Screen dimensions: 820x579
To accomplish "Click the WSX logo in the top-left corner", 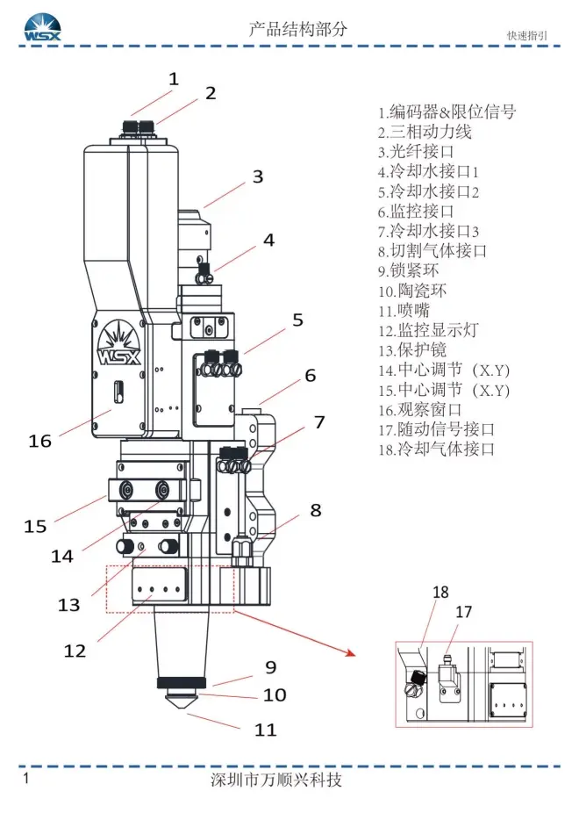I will pos(40,27).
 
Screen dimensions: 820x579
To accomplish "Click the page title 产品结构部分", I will pos(298,28).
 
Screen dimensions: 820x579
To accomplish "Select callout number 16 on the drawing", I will pos(40,441).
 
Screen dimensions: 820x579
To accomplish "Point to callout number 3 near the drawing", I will pos(257,176).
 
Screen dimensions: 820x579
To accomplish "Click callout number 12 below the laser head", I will pos(75,651).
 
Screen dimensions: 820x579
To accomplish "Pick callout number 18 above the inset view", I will pos(440,593).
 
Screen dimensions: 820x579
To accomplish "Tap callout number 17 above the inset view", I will pos(464,612).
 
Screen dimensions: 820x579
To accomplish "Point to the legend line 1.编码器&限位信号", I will pos(447,111).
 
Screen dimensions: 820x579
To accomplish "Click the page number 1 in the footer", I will pos(26,779).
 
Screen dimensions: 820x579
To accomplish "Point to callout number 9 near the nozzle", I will pos(270,668).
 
